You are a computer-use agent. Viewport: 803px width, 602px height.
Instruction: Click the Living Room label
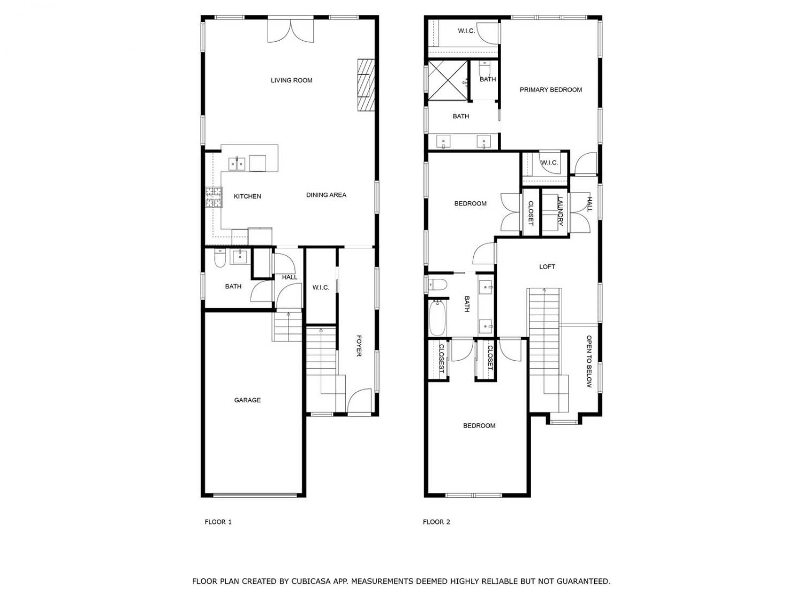tap(291, 80)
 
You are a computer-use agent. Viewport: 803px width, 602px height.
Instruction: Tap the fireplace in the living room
tap(366, 85)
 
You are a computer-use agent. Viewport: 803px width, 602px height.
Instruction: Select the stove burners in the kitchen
tap(214, 197)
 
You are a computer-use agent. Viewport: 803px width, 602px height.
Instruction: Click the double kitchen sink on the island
tap(237, 164)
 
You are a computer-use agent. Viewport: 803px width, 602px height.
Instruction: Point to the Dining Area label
tap(326, 195)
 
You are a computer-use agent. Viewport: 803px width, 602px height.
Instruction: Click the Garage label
tap(247, 400)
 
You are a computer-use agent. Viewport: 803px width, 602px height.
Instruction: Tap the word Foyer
tap(359, 345)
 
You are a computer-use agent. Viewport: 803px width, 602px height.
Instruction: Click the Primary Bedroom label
tap(550, 89)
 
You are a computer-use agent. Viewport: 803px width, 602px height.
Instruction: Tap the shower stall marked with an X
tap(448, 80)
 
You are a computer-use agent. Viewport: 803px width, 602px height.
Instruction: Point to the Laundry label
tap(559, 211)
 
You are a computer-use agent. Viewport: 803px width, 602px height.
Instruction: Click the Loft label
tap(547, 267)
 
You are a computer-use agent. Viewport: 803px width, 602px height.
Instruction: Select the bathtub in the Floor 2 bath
tap(437, 318)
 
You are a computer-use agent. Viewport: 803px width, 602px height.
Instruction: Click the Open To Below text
tap(589, 361)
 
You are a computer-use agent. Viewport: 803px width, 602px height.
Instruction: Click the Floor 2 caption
tap(436, 522)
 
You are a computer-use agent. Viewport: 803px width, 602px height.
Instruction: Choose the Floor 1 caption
tap(218, 522)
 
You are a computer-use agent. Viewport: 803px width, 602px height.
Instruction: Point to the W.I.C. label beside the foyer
tap(321, 288)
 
